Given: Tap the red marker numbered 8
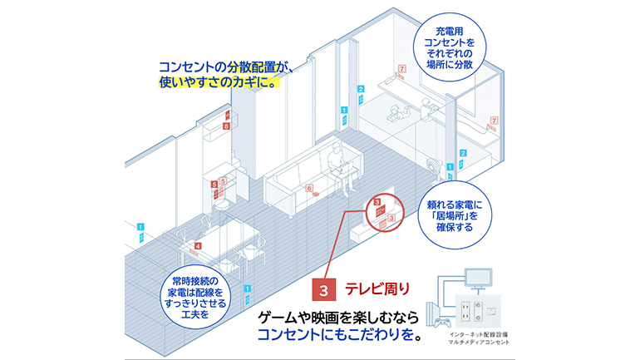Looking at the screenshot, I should (225, 126).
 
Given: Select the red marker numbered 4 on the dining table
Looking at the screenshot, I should (198, 246).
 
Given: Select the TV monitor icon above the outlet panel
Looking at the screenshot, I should (480, 280).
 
